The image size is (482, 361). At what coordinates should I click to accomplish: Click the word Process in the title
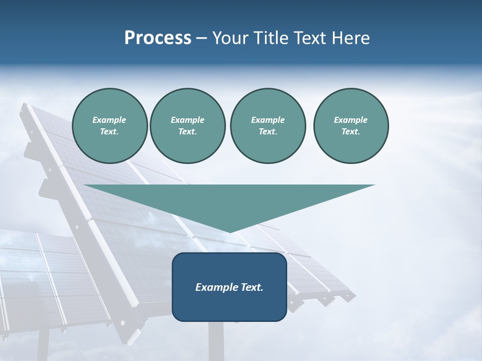point(158,38)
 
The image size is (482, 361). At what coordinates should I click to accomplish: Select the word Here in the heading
point(351,38)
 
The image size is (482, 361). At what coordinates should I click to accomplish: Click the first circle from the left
point(109,125)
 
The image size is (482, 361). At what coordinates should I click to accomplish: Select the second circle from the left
point(187,125)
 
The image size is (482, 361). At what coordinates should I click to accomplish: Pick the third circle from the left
point(268,125)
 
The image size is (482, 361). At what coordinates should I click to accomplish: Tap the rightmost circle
point(350,125)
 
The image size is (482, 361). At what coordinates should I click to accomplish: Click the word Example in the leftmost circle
point(109,120)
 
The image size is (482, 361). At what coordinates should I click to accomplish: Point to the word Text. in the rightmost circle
point(350,132)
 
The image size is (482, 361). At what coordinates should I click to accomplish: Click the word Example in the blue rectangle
point(217,287)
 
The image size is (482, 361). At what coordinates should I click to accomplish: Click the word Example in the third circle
point(268,120)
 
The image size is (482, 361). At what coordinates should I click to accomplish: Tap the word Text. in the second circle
point(187,132)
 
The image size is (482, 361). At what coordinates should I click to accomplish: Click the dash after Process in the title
point(202,38)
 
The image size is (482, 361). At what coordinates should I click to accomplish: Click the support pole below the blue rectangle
point(216,341)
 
